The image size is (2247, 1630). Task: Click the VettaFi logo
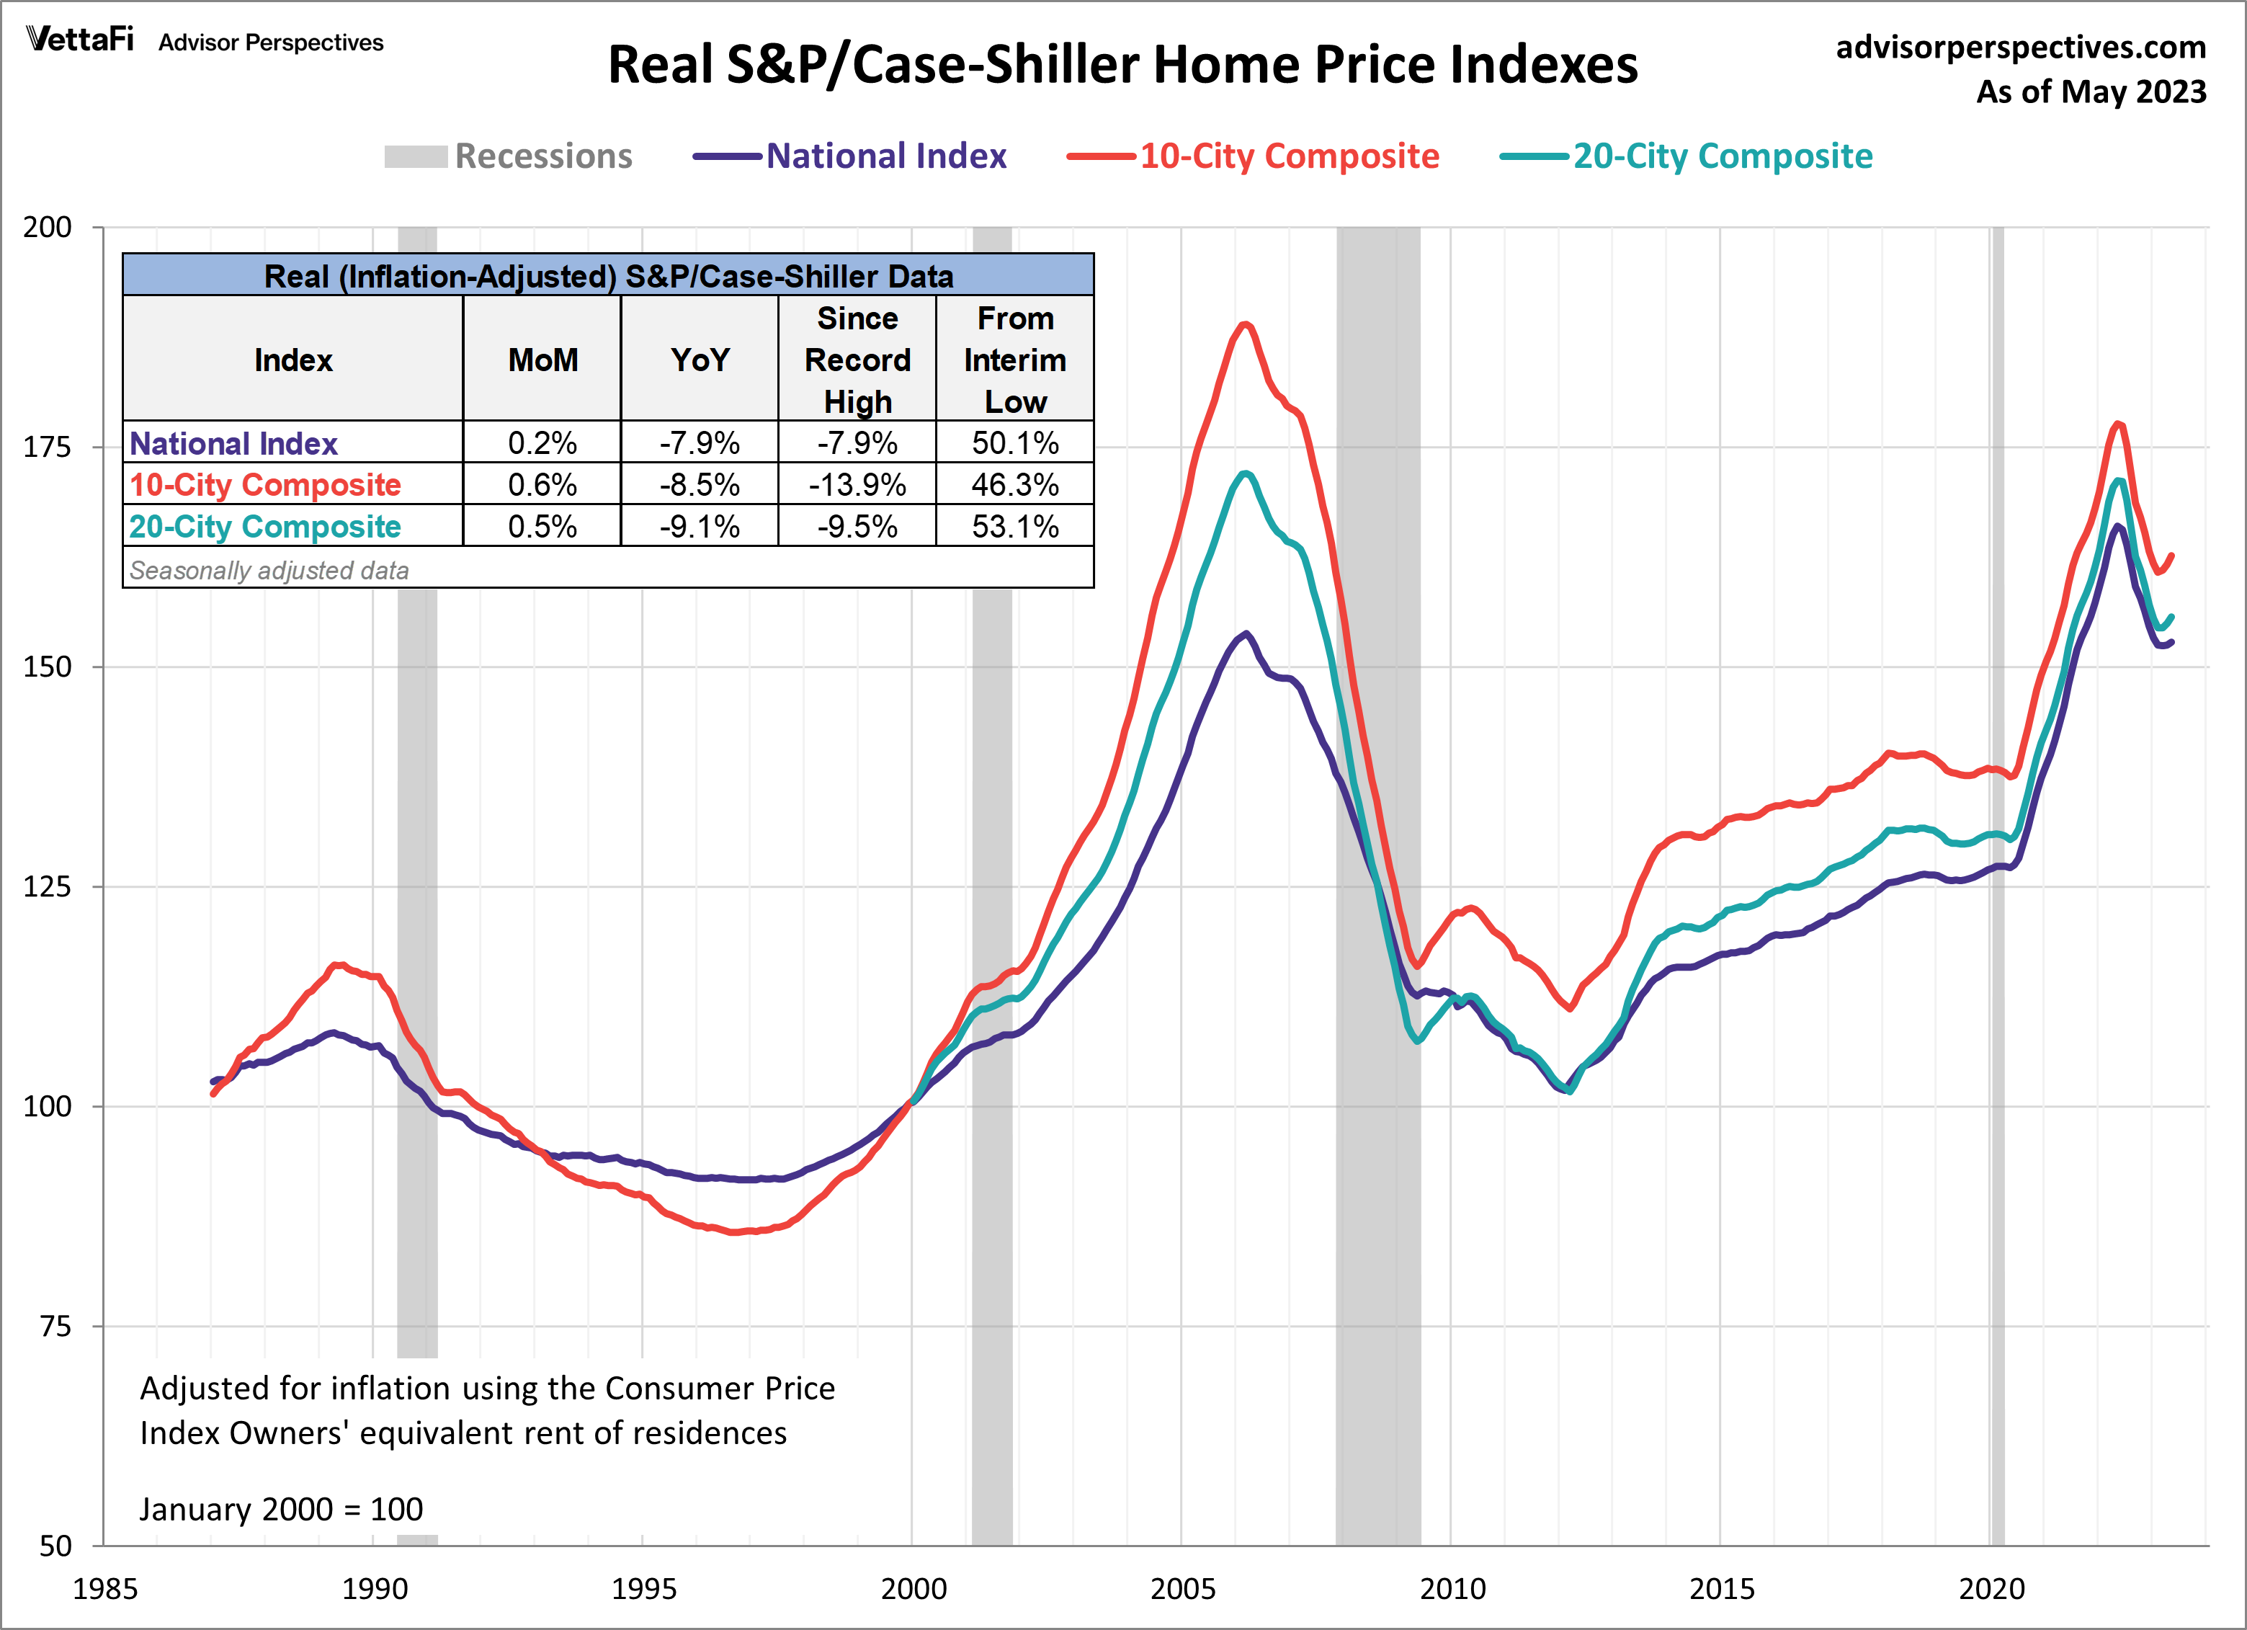pyautogui.click(x=80, y=40)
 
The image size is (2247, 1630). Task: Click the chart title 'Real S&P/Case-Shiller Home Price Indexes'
pyautogui.click(x=1122, y=66)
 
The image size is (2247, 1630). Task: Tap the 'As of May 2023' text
pyautogui.click(x=2091, y=92)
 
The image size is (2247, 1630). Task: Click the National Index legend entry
pyautogui.click(x=850, y=156)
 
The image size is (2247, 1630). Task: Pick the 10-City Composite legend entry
pyautogui.click(x=1254, y=156)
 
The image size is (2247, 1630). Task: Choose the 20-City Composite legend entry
pyautogui.click(x=1687, y=156)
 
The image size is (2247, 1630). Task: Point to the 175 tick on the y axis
pyautogui.click(x=48, y=447)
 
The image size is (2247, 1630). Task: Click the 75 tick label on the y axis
pyautogui.click(x=55, y=1326)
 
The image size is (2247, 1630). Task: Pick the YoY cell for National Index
pyautogui.click(x=700, y=443)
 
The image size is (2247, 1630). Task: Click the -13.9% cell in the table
pyautogui.click(x=857, y=484)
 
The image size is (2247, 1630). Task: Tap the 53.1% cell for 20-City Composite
pyautogui.click(x=1014, y=526)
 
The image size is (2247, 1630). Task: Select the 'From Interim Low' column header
pyautogui.click(x=1014, y=360)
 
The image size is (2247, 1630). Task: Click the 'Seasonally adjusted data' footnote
pyautogui.click(x=269, y=571)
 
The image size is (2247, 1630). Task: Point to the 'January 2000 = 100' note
pyautogui.click(x=282, y=1509)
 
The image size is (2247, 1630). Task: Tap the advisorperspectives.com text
pyautogui.click(x=2020, y=48)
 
